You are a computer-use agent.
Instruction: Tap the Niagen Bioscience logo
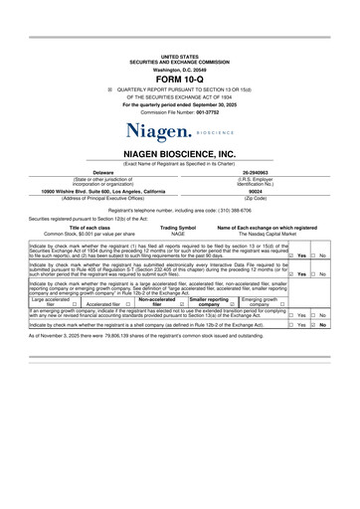[179, 130]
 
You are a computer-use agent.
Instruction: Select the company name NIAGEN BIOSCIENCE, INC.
[179, 154]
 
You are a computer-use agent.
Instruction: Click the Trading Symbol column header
[178, 227]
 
